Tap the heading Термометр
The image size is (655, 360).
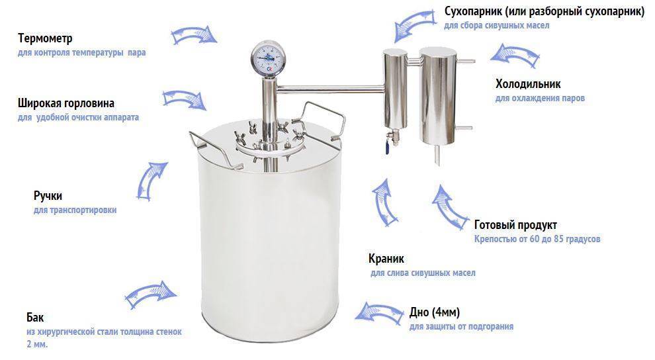click(45, 38)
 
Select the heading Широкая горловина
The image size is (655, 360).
click(66, 103)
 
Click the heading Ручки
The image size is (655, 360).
click(48, 196)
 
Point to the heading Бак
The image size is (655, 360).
click(35, 318)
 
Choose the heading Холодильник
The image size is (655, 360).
click(528, 84)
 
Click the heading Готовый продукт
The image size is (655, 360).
click(515, 225)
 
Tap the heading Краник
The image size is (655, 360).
click(386, 259)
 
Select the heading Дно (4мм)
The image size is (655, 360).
click(435, 312)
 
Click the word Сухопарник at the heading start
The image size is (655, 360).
click(472, 11)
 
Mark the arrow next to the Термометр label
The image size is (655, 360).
click(195, 36)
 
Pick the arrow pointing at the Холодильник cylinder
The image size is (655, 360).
click(515, 55)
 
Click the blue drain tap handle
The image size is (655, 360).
click(389, 148)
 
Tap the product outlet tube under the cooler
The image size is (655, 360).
click(437, 155)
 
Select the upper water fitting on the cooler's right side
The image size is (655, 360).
click(466, 62)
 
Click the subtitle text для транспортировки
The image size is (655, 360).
click(75, 210)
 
